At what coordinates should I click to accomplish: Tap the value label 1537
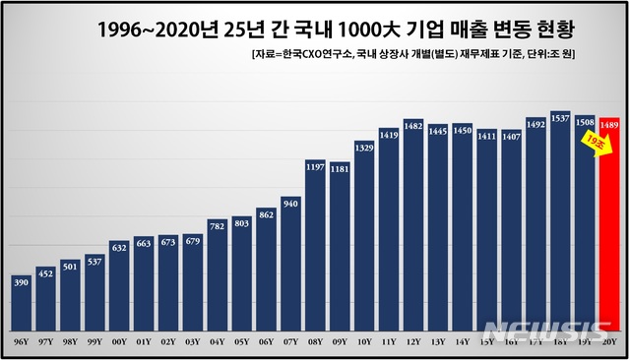coord(560,118)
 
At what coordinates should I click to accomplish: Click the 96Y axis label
coord(22,341)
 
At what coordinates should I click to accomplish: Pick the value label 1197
coord(315,167)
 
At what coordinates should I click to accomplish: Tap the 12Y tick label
coord(413,341)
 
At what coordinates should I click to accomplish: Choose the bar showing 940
coord(290,266)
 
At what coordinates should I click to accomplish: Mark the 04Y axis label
coord(218,341)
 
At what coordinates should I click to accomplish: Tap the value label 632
coord(119,248)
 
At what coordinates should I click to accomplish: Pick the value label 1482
coord(413,126)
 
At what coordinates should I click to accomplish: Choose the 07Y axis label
coord(290,341)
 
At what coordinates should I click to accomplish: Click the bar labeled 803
coord(242,275)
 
